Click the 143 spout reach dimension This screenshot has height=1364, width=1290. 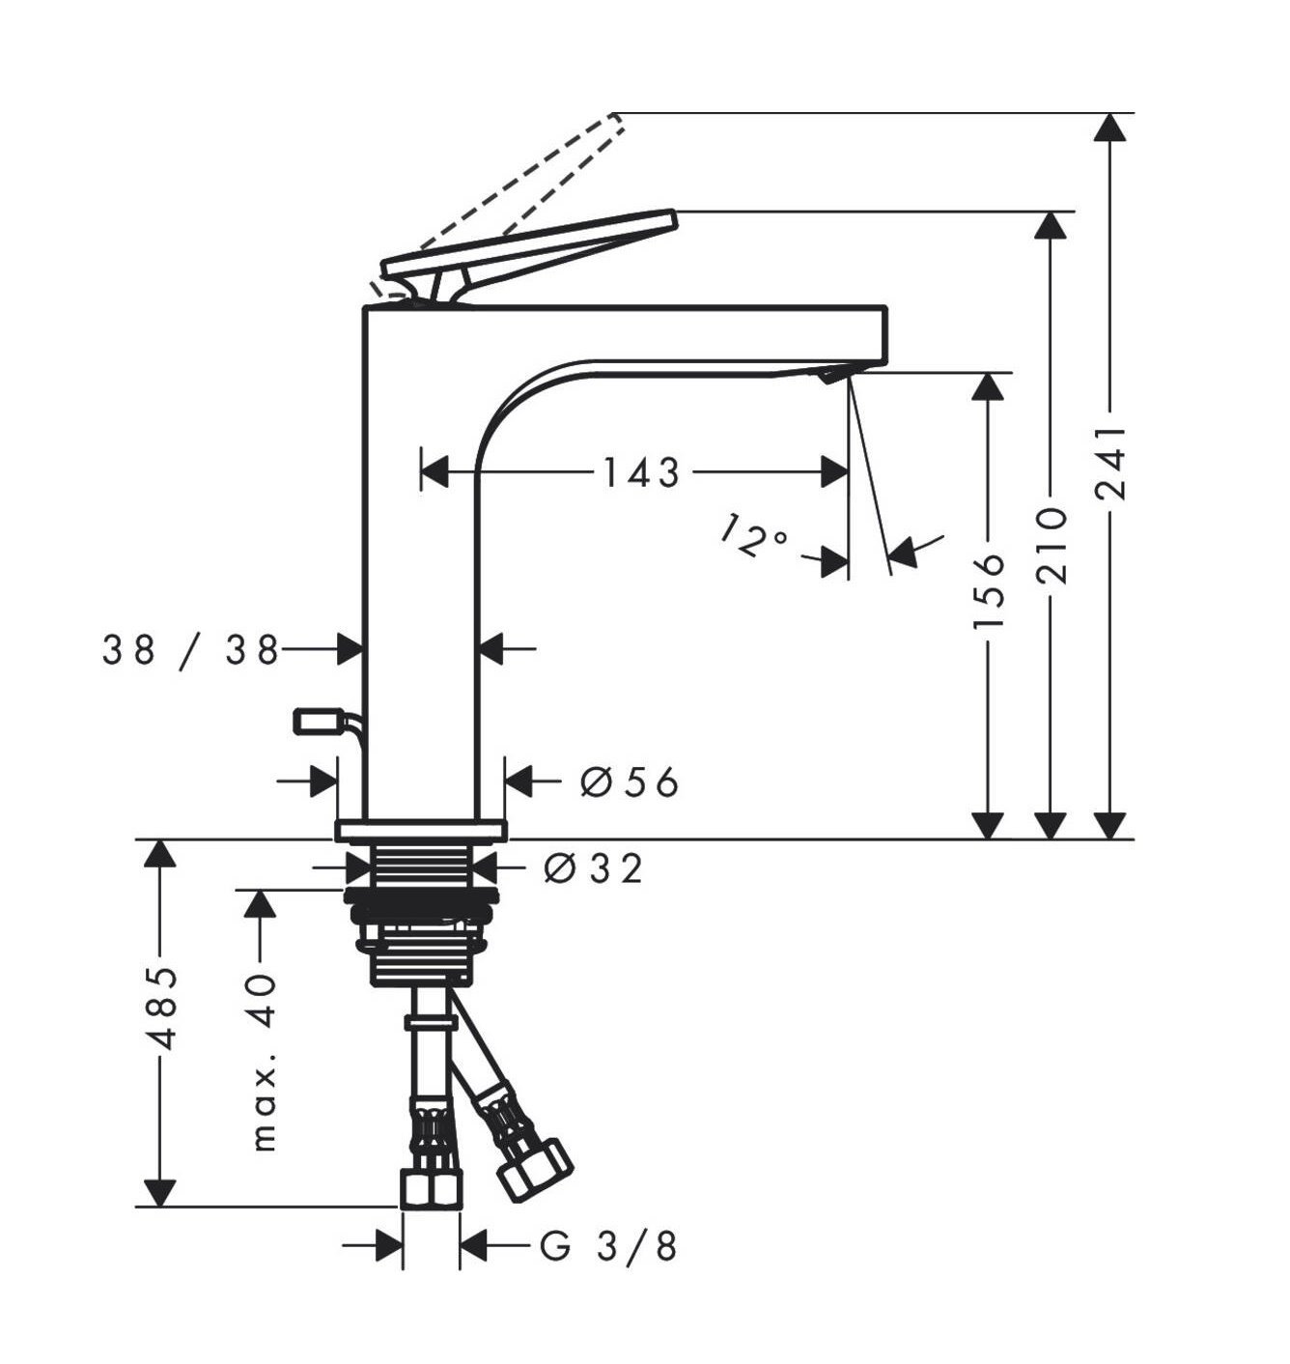pyautogui.click(x=640, y=473)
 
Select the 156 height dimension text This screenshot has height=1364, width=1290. pyautogui.click(x=989, y=591)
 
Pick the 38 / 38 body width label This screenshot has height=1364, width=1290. pyautogui.click(x=190, y=651)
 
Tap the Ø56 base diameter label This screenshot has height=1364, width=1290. pyautogui.click(x=629, y=783)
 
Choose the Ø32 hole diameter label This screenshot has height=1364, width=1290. pyautogui.click(x=593, y=867)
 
